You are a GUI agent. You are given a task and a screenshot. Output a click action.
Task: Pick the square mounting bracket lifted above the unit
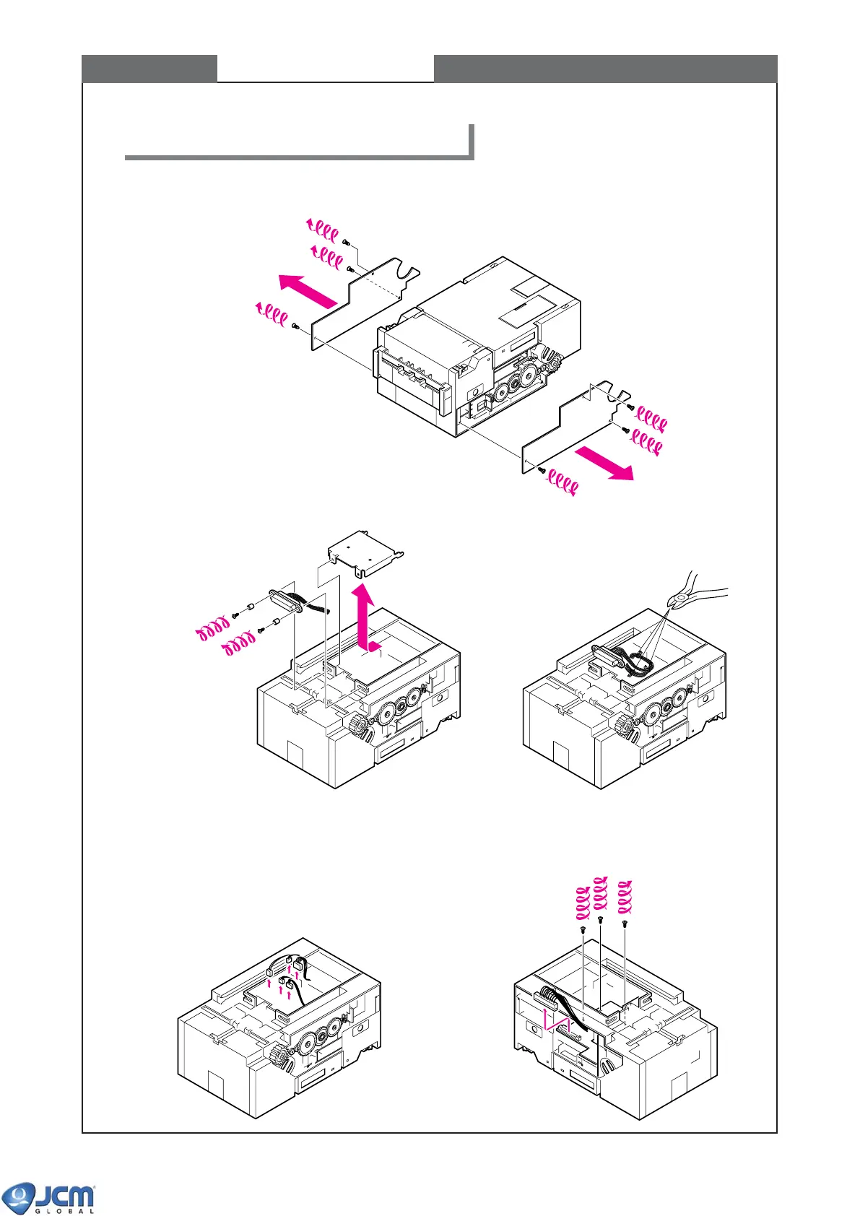pos(365,556)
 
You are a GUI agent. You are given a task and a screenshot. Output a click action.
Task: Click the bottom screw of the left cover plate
pos(295,326)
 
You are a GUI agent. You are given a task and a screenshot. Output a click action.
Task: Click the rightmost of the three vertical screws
pos(625,923)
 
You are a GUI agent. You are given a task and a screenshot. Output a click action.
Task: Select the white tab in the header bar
pos(325,69)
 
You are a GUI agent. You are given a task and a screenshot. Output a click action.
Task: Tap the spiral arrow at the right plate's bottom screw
pos(562,482)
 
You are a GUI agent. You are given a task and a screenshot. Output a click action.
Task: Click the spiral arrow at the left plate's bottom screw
pos(272,313)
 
